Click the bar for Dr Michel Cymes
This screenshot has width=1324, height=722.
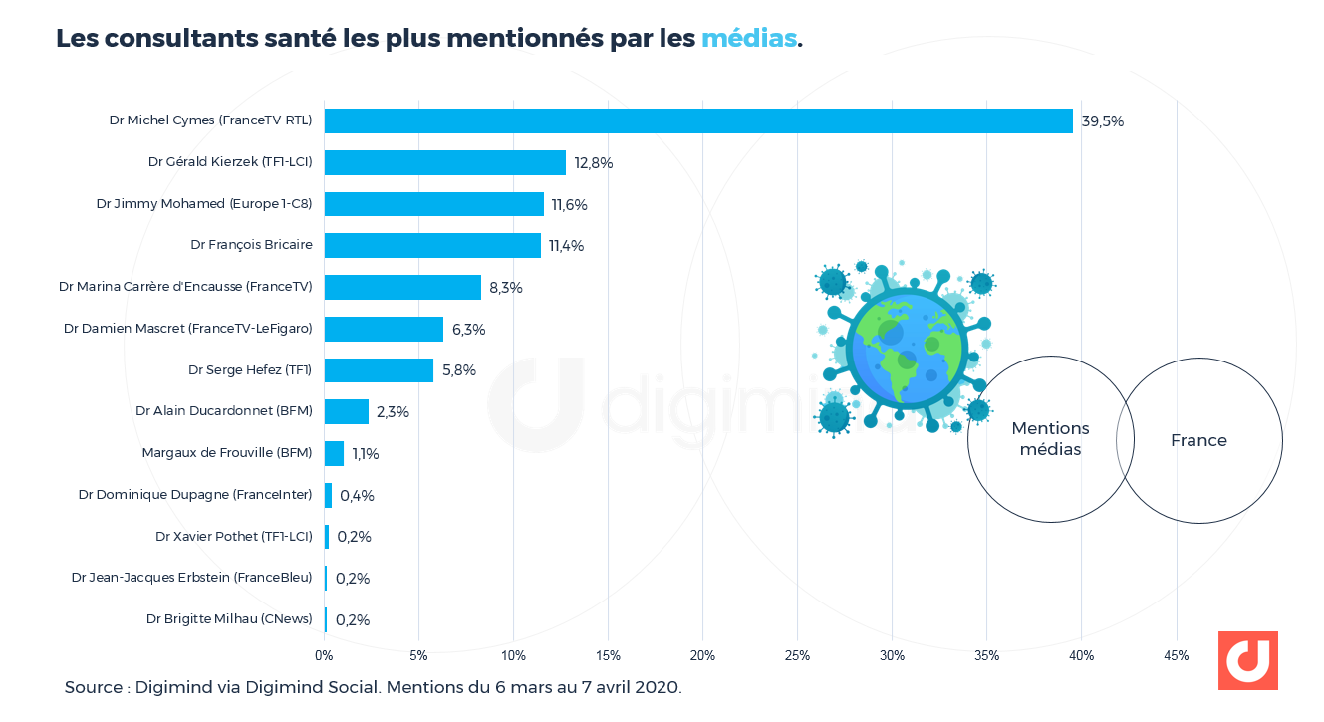point(697,120)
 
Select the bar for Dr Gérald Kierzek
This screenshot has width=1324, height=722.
point(444,162)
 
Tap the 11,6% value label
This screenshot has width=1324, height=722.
point(569,205)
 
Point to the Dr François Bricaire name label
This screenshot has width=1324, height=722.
point(251,245)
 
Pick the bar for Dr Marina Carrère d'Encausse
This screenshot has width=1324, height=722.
point(402,287)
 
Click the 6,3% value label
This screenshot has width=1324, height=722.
point(468,330)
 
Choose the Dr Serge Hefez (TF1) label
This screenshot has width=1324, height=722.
point(250,370)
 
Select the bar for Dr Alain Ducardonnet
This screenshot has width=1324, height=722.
point(347,411)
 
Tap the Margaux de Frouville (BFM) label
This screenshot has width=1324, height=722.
point(227,453)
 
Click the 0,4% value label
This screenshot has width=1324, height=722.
point(357,496)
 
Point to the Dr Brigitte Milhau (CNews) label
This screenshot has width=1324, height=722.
point(229,619)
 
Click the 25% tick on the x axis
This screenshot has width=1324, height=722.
point(797,656)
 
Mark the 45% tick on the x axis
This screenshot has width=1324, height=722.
point(1176,656)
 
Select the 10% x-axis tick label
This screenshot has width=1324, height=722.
point(513,656)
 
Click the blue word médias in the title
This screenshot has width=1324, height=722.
point(749,39)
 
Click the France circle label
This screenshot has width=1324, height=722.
point(1198,440)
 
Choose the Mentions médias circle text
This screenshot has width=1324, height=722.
point(1050,439)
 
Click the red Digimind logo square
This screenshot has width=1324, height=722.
point(1247,660)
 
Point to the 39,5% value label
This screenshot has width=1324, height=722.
point(1102,121)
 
